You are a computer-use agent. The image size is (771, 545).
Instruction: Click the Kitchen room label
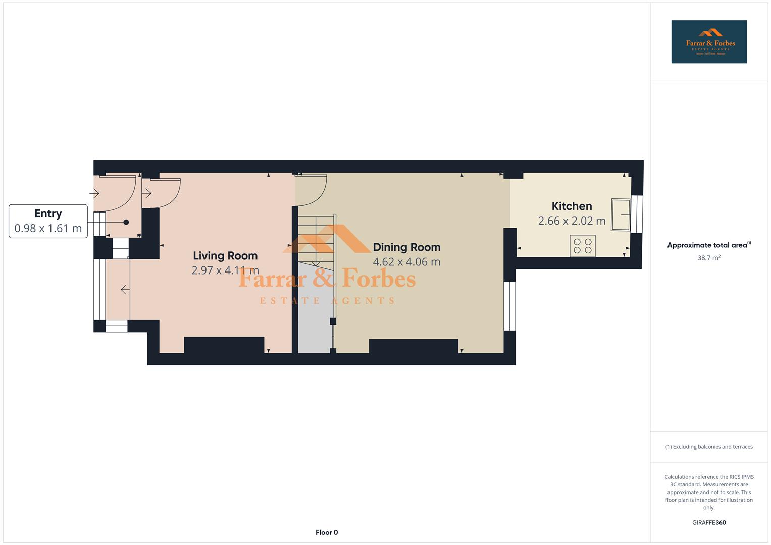point(572,206)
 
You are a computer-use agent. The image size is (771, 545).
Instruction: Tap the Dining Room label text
point(406,247)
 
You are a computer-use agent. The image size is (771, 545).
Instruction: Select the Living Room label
point(225,256)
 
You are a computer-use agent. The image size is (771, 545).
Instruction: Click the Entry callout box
point(48,221)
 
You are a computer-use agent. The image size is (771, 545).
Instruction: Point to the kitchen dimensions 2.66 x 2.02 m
point(572,221)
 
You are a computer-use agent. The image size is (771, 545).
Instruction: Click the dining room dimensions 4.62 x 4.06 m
point(406,262)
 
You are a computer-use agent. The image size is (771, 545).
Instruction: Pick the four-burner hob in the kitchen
point(583,246)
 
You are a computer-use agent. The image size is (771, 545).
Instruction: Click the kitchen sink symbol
point(621,214)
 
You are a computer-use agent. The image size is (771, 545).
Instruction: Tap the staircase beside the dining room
point(316,240)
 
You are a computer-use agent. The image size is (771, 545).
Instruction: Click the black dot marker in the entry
point(126,222)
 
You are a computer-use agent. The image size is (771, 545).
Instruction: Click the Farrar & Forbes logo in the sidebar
point(709,42)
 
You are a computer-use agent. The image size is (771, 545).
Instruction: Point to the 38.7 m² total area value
point(709,258)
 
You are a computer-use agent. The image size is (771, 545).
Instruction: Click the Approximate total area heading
point(708,245)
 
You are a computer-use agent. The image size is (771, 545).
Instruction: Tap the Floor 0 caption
point(327,532)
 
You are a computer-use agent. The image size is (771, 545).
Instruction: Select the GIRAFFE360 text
point(709,522)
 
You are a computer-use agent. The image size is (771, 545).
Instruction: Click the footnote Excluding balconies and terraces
point(709,447)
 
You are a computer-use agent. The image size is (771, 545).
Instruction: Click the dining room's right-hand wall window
point(510,306)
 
